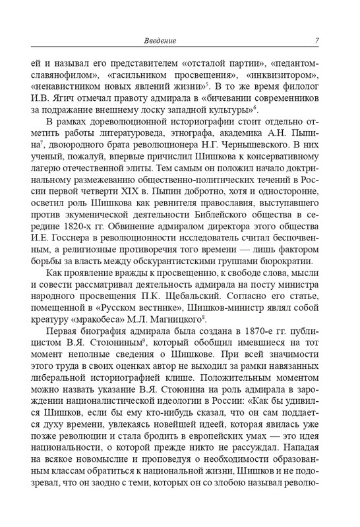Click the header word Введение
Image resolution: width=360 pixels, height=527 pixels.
click(160, 42)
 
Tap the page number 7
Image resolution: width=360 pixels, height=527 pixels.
click(317, 42)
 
